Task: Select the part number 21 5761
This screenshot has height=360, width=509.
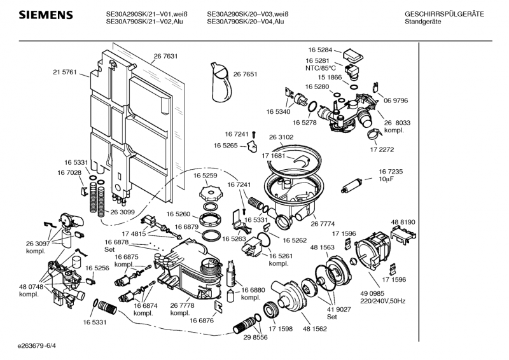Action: pos(64,73)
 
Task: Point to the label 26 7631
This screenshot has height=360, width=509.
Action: pos(165,56)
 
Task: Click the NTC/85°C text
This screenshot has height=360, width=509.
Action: pos(319,68)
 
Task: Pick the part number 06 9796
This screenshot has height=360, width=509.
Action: pos(396,100)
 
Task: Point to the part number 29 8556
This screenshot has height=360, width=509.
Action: pos(255,336)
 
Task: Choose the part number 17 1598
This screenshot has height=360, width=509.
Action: pos(280,328)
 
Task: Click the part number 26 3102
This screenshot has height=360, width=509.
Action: pos(281,137)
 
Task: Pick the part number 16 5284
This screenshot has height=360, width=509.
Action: pos(320,50)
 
